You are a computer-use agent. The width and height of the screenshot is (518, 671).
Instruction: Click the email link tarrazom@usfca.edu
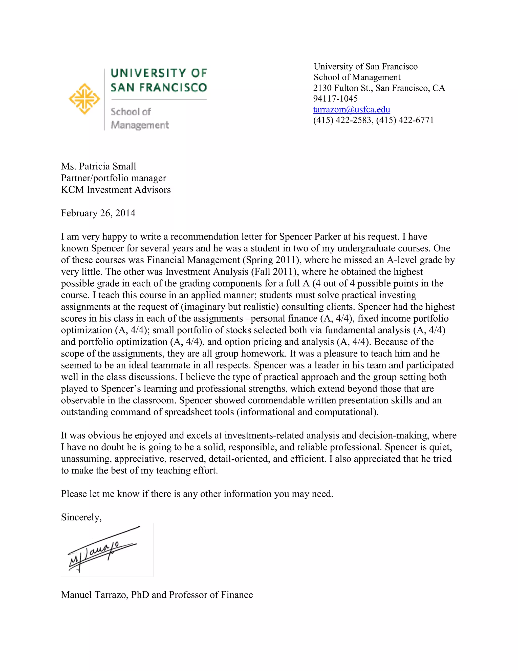[x=351, y=109]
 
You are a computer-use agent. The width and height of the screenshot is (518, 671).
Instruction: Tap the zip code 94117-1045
[x=335, y=98]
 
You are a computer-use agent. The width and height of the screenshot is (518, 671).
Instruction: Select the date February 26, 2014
[x=98, y=213]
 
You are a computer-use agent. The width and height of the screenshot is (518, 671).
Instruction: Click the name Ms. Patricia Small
[x=98, y=166]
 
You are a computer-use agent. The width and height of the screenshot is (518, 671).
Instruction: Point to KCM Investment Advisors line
[x=116, y=190]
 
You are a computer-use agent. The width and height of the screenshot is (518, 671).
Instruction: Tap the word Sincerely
[x=81, y=517]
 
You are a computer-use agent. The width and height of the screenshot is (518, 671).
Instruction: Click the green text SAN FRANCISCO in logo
[x=159, y=88]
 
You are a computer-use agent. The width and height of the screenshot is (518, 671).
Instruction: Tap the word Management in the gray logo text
[x=140, y=125]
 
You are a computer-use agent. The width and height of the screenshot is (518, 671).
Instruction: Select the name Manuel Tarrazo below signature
[x=94, y=595]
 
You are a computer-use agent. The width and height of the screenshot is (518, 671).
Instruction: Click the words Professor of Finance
[x=211, y=595]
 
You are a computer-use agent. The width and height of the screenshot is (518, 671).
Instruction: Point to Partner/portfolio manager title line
[x=113, y=178]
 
